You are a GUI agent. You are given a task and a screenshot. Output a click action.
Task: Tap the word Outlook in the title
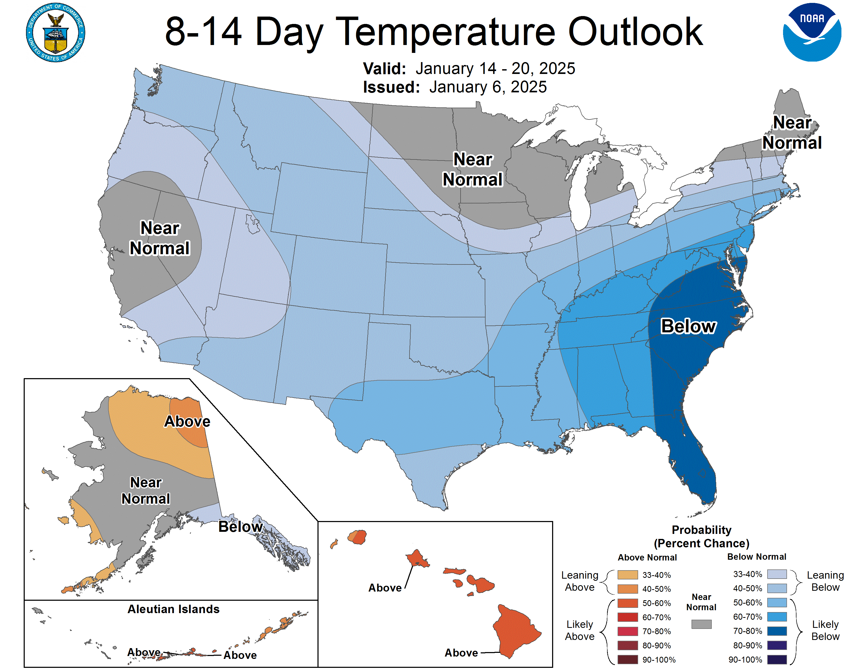(x=635, y=32)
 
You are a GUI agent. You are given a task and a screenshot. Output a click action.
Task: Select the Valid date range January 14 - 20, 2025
(x=495, y=68)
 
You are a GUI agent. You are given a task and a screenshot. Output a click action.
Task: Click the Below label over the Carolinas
(x=688, y=326)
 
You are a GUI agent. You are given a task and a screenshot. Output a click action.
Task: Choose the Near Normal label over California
(x=160, y=238)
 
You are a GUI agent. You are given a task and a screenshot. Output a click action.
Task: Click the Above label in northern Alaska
(x=187, y=421)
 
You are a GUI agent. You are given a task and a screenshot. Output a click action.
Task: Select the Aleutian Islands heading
(x=173, y=609)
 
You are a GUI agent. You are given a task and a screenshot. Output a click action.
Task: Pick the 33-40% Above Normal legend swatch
(x=628, y=575)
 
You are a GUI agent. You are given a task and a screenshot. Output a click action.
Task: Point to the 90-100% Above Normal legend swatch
(x=628, y=659)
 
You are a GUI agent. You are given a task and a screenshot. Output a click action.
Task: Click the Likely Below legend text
(x=825, y=630)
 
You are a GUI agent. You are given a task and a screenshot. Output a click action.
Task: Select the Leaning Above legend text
(x=579, y=581)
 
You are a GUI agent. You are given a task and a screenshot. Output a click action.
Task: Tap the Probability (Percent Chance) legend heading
(x=702, y=537)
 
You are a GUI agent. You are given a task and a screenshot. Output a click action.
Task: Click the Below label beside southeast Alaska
(x=240, y=527)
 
